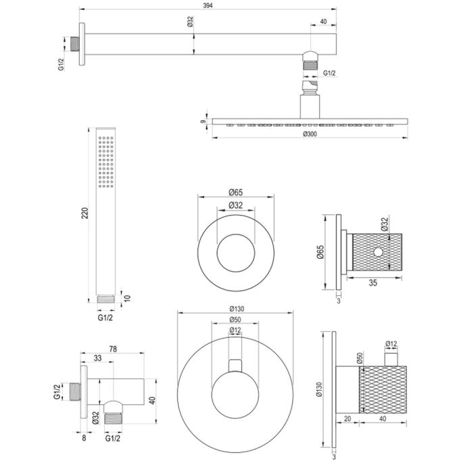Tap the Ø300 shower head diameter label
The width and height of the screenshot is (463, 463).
(x=311, y=133)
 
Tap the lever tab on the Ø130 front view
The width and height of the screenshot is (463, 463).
(x=235, y=365)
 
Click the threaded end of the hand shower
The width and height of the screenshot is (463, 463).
(x=105, y=298)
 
